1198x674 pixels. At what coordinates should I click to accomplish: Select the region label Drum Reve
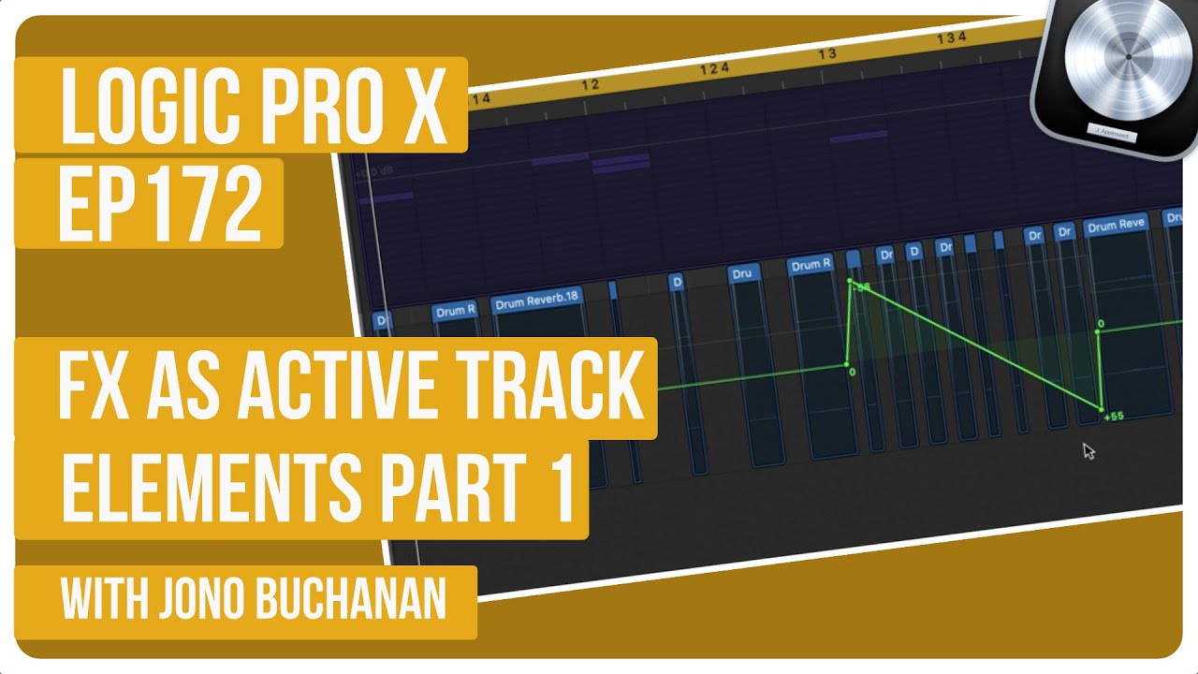tap(1116, 226)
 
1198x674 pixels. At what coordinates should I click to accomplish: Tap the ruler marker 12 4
tap(713, 68)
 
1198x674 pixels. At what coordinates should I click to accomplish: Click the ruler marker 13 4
tap(951, 38)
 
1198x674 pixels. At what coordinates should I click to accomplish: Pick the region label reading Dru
tap(741, 273)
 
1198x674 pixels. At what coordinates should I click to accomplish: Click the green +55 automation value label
tap(1114, 417)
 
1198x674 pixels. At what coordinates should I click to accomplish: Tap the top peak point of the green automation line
tap(850, 280)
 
